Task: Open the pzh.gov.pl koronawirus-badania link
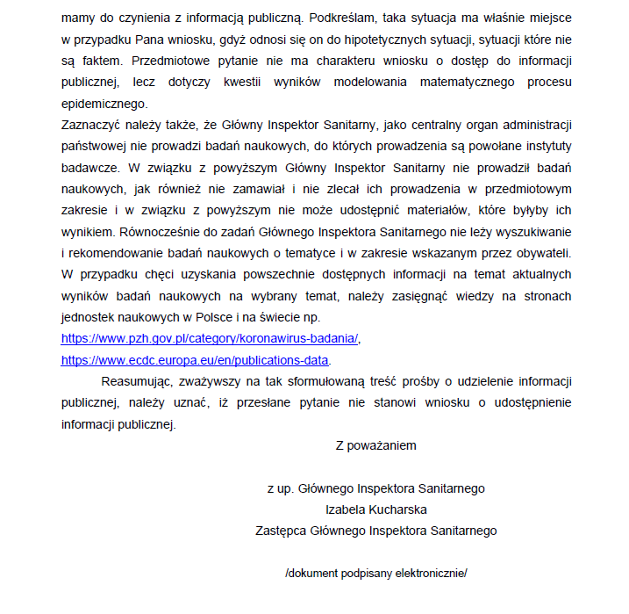(210, 337)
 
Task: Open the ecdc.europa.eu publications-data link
(195, 360)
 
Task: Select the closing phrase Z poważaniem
(375, 445)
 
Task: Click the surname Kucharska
(400, 509)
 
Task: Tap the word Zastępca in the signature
(282, 531)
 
